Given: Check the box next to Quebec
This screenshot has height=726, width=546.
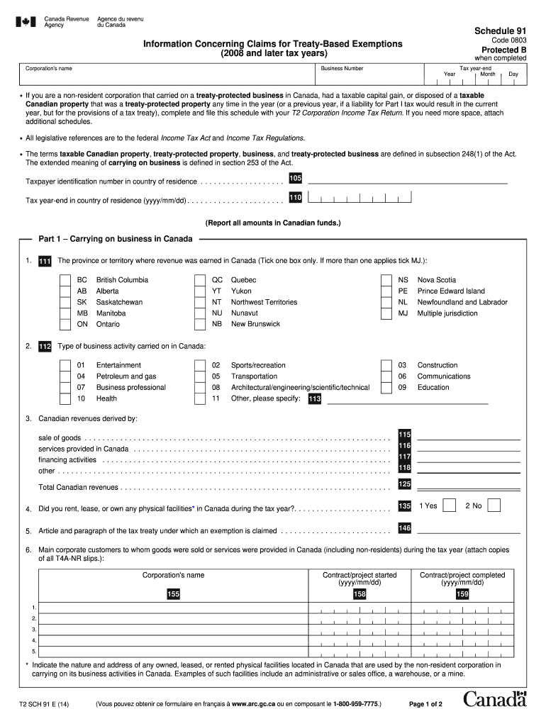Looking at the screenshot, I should [x=200, y=280].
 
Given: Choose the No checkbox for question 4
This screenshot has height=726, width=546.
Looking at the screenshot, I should [x=495, y=506].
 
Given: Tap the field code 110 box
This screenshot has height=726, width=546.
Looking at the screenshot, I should [x=295, y=196].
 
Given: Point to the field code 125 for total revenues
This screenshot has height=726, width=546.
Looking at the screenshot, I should [x=404, y=484].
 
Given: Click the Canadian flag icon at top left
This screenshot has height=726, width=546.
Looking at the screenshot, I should [x=26, y=22].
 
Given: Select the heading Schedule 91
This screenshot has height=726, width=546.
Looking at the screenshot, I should [x=494, y=30].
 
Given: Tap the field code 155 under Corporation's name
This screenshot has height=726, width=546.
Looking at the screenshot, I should [x=173, y=594].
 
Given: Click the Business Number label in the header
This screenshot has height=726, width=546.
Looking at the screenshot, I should [x=342, y=69].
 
